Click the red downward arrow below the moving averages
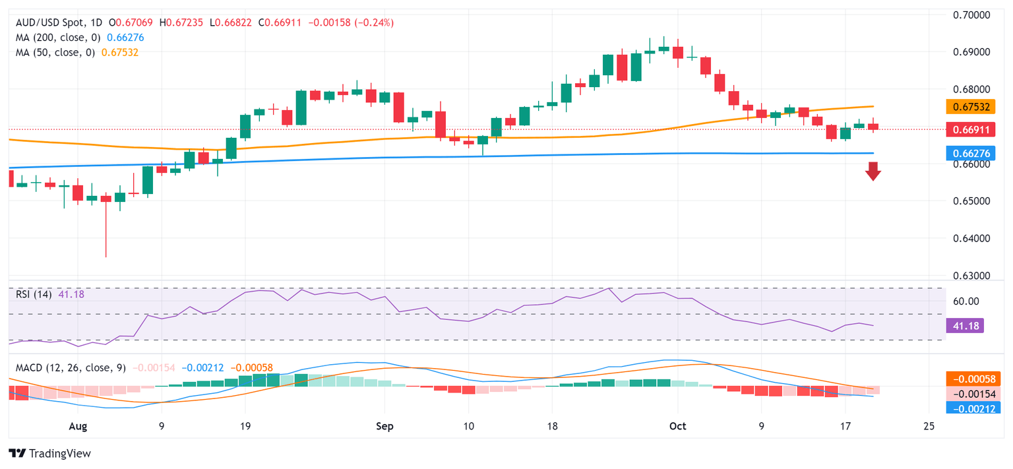(873, 172)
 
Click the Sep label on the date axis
(384, 427)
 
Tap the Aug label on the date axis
(78, 427)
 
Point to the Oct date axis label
(677, 427)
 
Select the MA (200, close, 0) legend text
(57, 38)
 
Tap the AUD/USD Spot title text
(52, 23)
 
